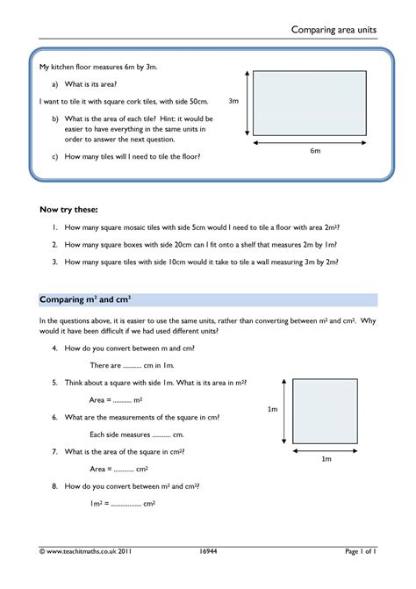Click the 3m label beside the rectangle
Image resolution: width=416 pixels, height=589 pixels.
[x=233, y=101]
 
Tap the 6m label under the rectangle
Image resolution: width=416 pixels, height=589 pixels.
[x=315, y=151]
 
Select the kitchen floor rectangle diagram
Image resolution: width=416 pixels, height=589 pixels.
[x=315, y=103]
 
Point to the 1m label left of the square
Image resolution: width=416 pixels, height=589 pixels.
[x=272, y=410]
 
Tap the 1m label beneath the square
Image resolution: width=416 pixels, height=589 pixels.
[x=326, y=459]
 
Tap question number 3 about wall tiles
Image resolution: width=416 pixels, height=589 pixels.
[x=54, y=262]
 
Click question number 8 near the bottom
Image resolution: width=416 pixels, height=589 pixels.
[x=54, y=485]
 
